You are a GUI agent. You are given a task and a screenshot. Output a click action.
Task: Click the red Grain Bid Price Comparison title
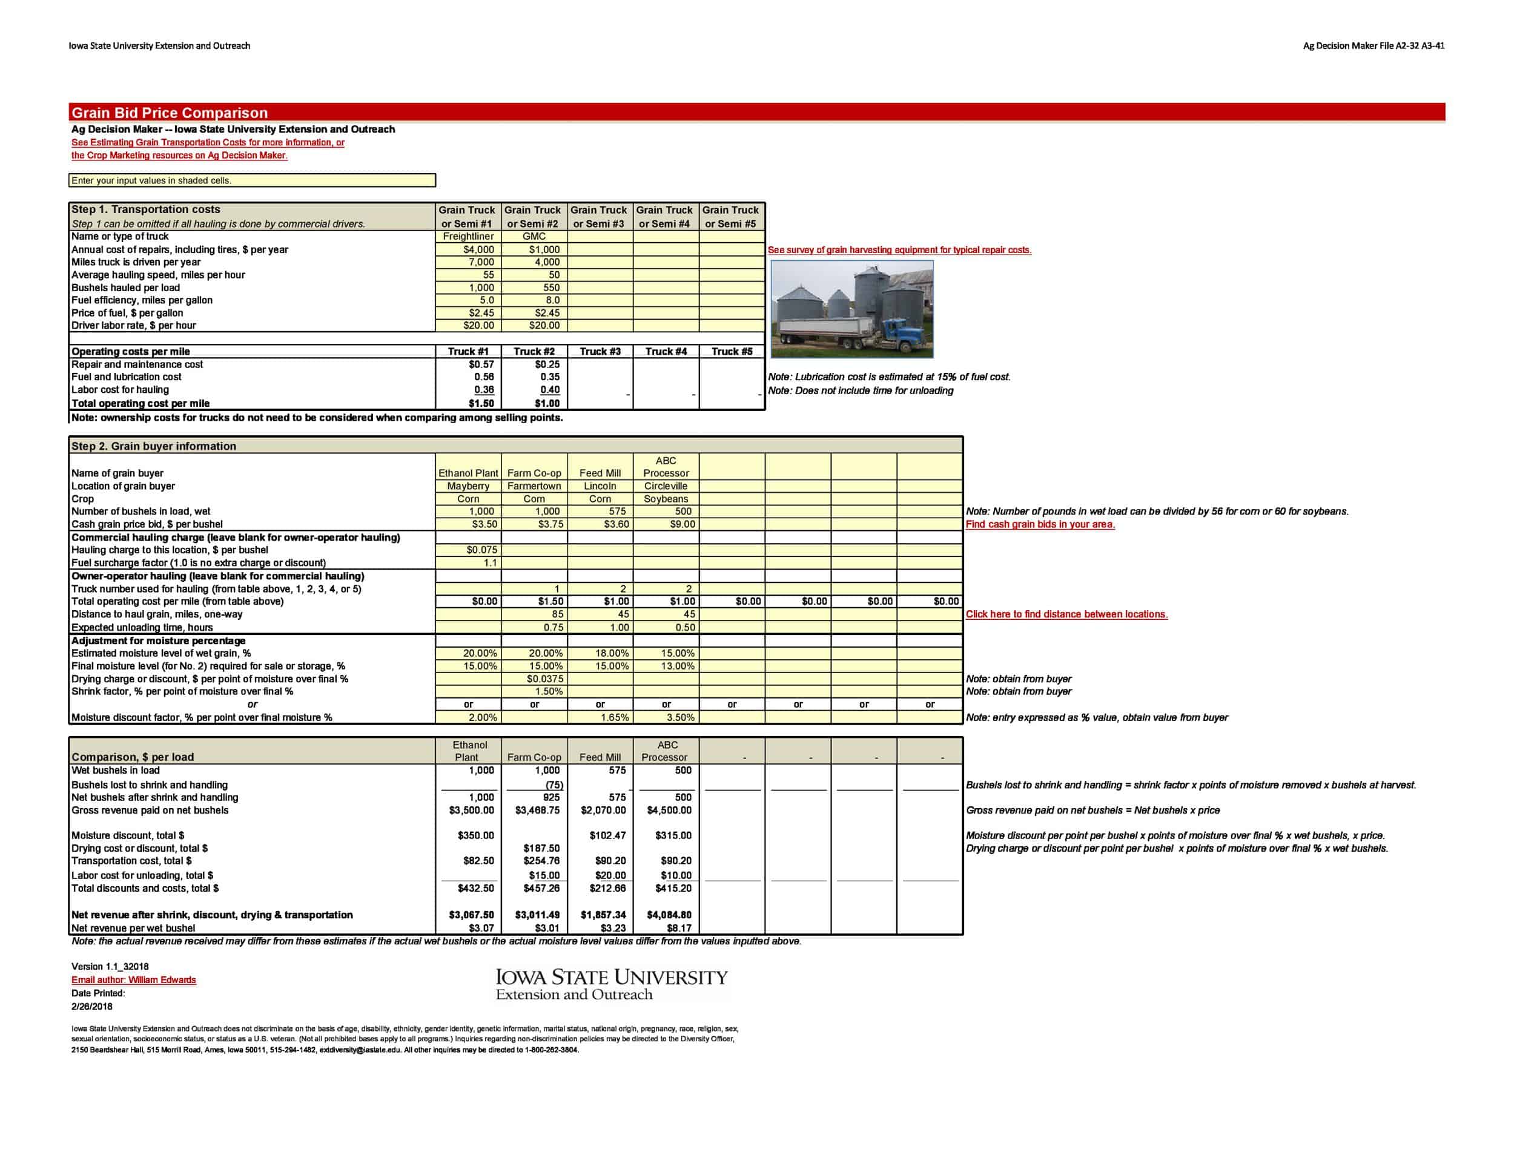[170, 113]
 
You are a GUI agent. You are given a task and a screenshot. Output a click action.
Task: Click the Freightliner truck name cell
[468, 237]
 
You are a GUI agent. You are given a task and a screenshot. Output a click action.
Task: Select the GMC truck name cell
[534, 237]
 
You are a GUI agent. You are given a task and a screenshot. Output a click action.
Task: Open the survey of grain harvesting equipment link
[899, 250]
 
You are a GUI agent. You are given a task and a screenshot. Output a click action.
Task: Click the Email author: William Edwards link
[134, 979]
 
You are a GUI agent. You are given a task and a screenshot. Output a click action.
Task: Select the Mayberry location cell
[468, 486]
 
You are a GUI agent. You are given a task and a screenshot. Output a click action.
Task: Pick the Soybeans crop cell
[666, 499]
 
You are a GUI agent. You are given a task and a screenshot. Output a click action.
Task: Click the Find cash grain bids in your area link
[1040, 525]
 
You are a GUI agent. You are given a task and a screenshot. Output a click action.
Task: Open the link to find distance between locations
[1066, 614]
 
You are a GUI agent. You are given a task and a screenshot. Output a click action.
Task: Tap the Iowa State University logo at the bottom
[612, 984]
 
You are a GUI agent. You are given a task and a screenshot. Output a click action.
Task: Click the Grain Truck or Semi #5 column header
[730, 217]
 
